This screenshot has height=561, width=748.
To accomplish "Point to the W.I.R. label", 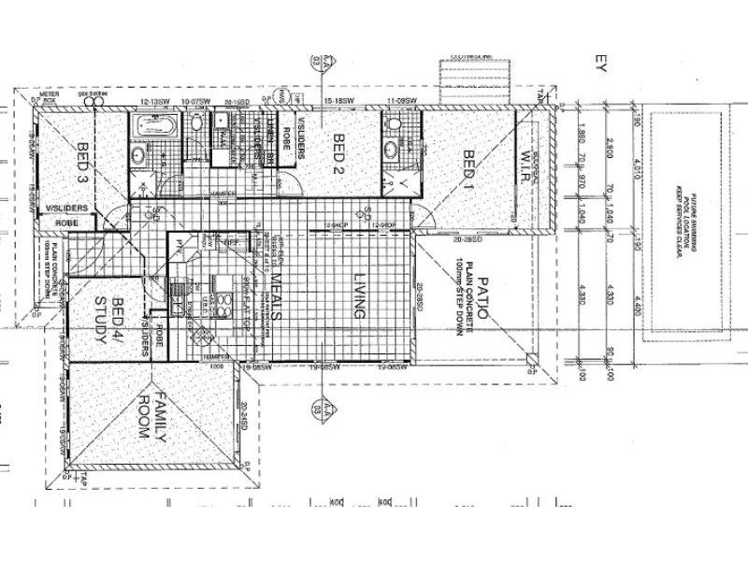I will [525, 167].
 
